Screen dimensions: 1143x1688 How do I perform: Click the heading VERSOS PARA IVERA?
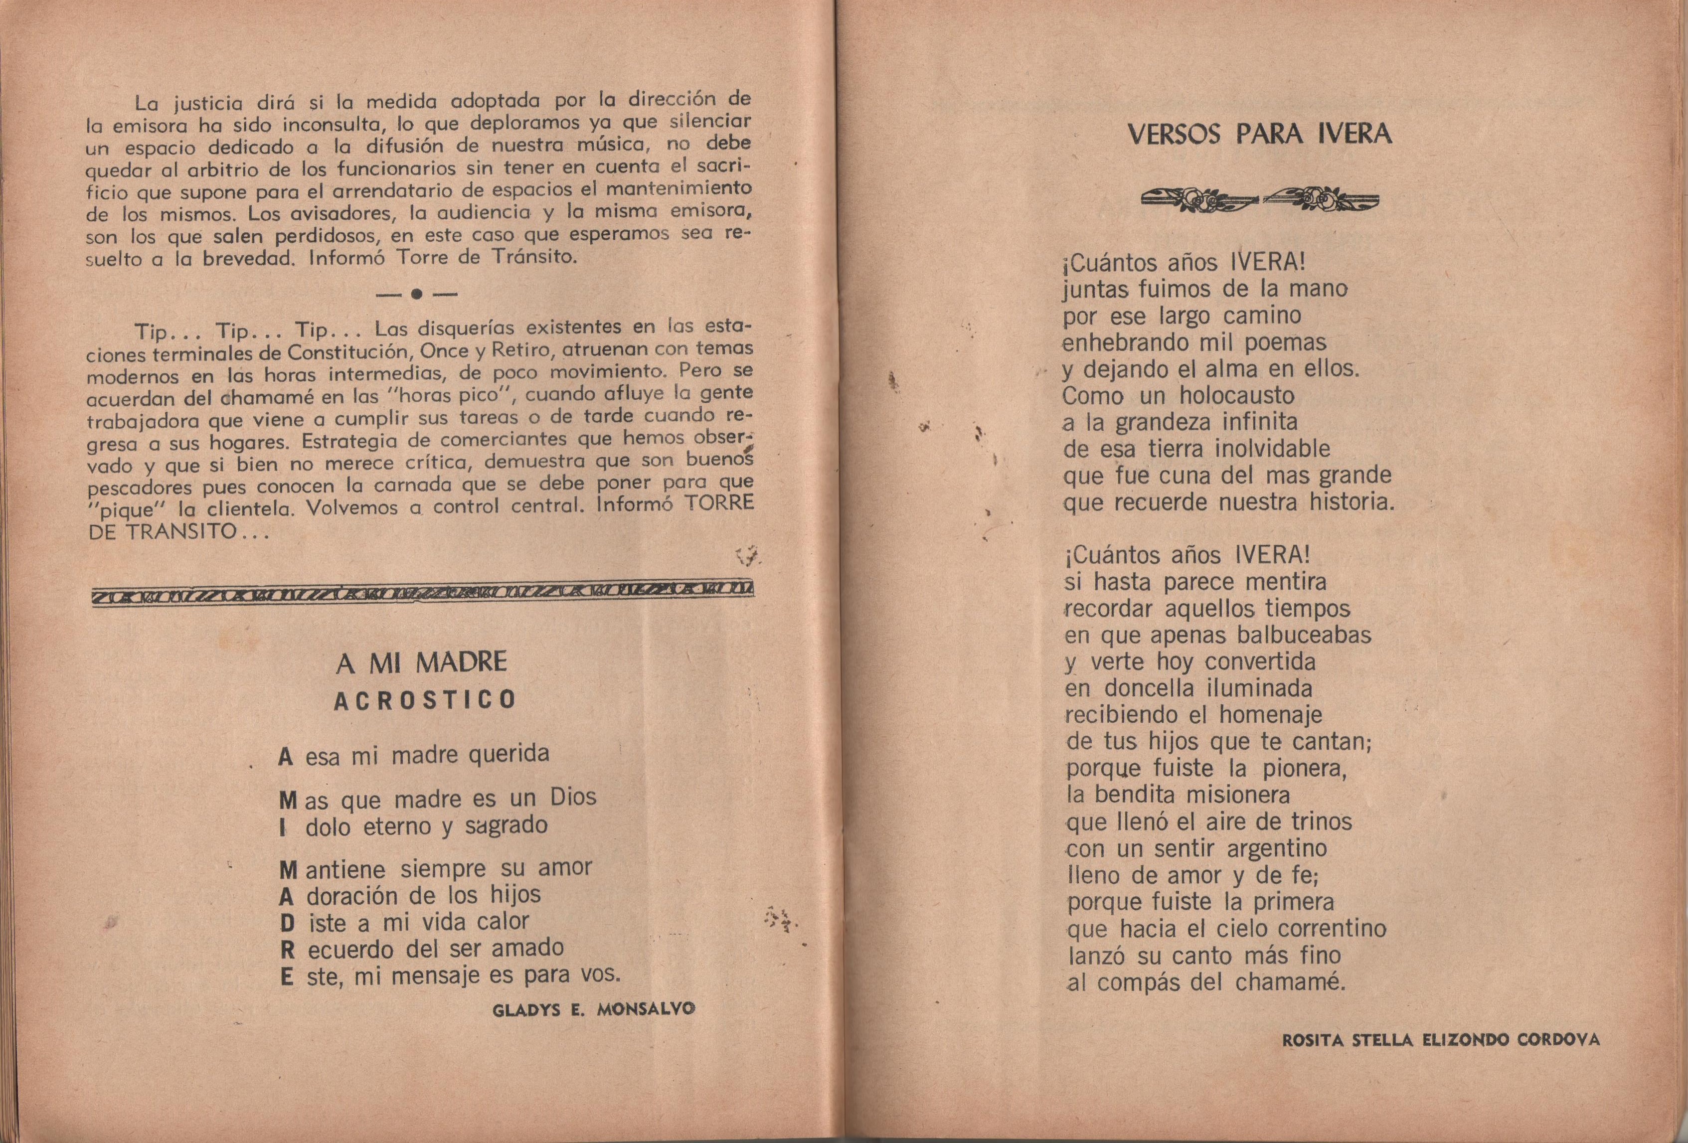(x=1259, y=135)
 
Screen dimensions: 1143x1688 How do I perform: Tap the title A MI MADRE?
(x=421, y=662)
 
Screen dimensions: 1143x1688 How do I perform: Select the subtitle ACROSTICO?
(x=425, y=700)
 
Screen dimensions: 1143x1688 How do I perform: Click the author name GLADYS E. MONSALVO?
(x=593, y=1009)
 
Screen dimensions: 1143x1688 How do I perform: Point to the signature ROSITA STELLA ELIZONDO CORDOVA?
(x=1441, y=1040)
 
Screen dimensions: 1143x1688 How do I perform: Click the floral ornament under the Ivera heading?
(x=1259, y=199)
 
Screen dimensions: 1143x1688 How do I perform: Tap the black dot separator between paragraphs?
(x=416, y=294)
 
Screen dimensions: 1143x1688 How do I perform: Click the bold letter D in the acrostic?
(x=287, y=924)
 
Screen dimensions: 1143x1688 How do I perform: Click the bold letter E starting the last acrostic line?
(x=287, y=978)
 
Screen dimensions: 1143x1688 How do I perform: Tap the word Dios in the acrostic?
(x=573, y=798)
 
